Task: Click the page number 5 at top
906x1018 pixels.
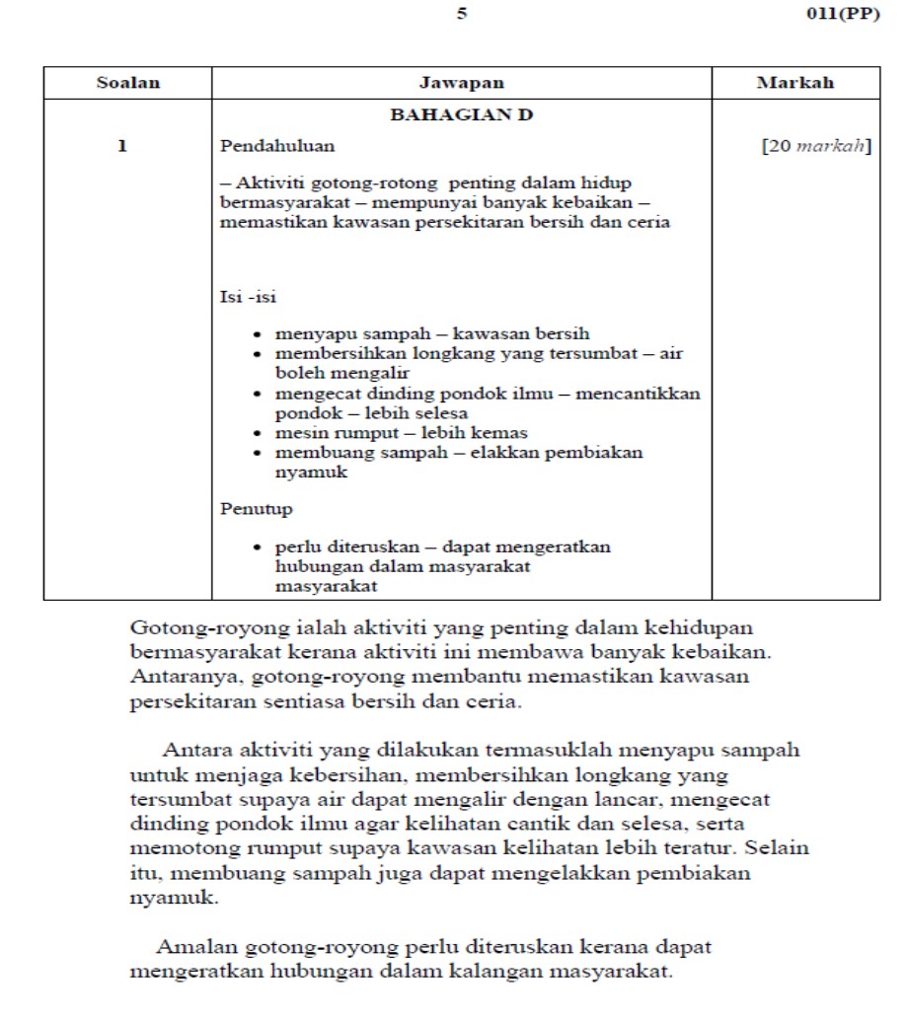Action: [x=462, y=16]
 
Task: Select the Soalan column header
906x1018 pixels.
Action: [x=127, y=83]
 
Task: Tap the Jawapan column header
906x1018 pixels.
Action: [x=461, y=83]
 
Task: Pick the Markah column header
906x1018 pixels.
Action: [x=794, y=83]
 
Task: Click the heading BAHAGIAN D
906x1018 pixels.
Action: [x=461, y=114]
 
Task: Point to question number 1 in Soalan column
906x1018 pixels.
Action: [x=122, y=146]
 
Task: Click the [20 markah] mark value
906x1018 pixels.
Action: [x=815, y=146]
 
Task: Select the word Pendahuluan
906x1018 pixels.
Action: [x=277, y=146]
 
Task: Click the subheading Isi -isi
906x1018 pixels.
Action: [x=248, y=296]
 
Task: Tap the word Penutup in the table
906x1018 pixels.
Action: [x=256, y=509]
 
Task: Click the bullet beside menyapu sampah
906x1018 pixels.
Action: [x=258, y=334]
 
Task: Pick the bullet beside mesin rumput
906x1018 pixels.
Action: [x=258, y=433]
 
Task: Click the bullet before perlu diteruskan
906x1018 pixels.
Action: [x=258, y=547]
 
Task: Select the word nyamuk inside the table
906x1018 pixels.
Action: [x=311, y=473]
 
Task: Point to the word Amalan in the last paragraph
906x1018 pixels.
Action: [x=193, y=947]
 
